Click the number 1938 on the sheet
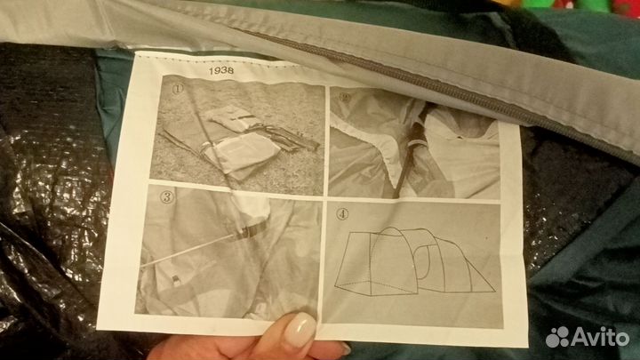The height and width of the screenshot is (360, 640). point(221,70)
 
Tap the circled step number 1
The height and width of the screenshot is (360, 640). point(178,89)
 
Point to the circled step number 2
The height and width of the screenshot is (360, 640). point(345,98)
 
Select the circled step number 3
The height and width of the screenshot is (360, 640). point(166,197)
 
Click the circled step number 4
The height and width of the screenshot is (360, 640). point(342,214)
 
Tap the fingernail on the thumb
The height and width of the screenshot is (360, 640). point(300,330)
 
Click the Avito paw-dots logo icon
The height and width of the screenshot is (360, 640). point(557,337)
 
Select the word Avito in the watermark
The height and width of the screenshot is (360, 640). point(600,337)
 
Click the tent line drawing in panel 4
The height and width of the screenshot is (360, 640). point(415,261)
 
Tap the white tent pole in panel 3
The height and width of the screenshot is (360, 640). point(188,251)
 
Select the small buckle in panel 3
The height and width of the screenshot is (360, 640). point(175,281)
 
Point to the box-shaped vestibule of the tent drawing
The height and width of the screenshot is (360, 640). point(356,263)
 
